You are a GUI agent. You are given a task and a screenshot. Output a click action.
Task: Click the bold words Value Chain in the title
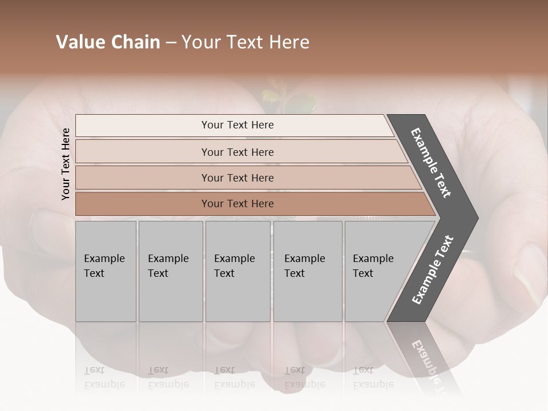(108, 42)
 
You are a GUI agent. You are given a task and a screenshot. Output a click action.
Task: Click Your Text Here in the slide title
(245, 42)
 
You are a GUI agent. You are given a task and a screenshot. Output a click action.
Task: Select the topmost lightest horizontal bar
(237, 125)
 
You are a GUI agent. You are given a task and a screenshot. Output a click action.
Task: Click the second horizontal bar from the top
(237, 152)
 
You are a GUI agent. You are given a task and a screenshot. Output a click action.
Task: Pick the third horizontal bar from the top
(237, 178)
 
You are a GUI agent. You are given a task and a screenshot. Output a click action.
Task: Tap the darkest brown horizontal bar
(237, 204)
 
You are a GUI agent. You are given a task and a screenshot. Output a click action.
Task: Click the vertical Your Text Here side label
(66, 164)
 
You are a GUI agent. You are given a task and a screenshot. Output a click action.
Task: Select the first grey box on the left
(106, 271)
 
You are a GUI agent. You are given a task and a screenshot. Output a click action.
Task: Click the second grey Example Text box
(170, 271)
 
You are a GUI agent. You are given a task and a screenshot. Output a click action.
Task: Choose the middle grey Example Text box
(237, 271)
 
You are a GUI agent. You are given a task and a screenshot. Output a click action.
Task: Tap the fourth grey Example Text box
(307, 271)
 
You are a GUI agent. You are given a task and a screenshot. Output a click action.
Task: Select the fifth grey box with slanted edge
(377, 271)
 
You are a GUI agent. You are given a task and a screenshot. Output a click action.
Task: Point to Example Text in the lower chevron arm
(433, 269)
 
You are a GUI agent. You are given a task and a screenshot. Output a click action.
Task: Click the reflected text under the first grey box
(104, 377)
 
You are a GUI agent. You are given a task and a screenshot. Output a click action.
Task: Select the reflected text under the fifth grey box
(372, 377)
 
